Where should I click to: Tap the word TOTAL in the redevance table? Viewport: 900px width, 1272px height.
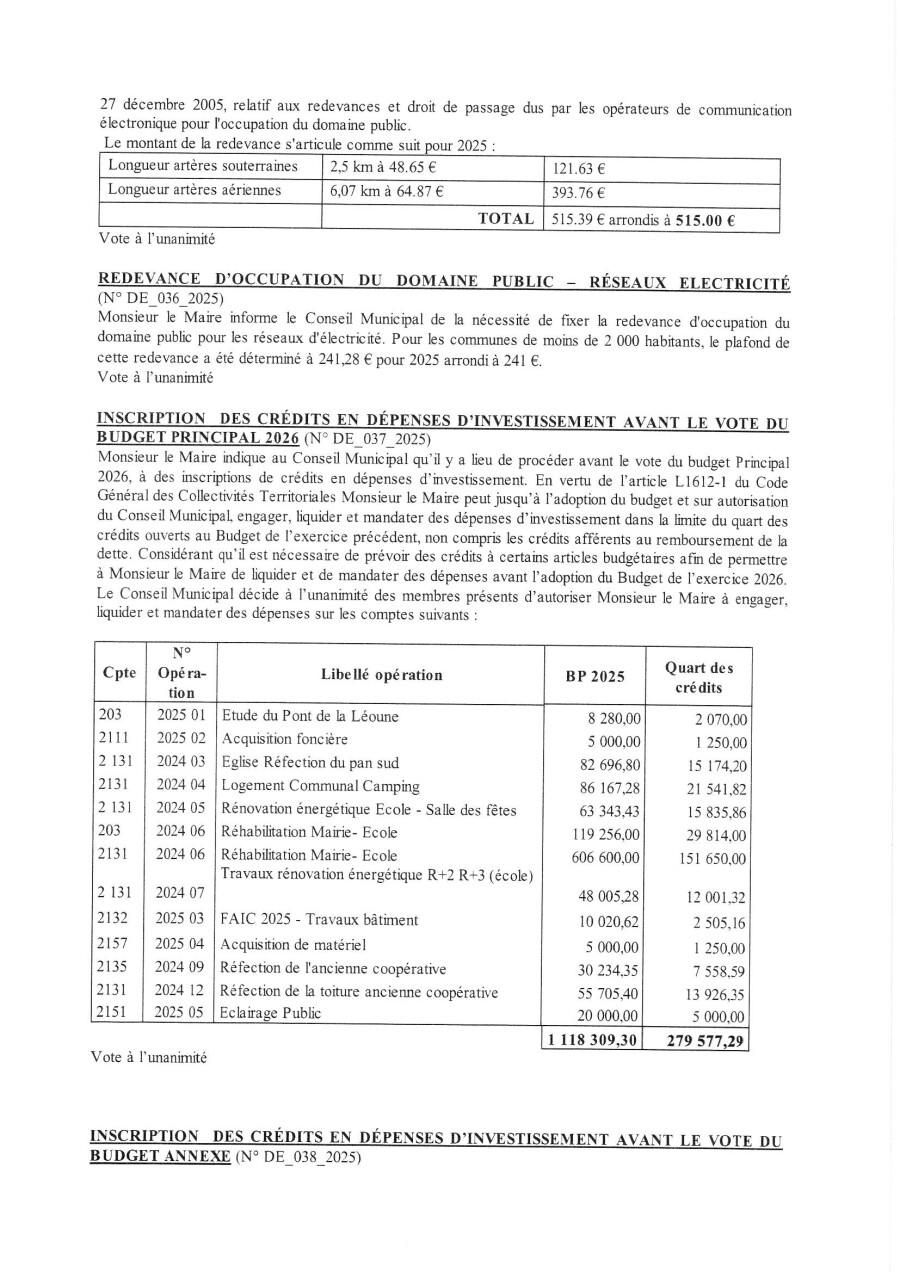point(504,218)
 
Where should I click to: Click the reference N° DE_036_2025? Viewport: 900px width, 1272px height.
point(161,299)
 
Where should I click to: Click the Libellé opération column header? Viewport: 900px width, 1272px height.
point(381,675)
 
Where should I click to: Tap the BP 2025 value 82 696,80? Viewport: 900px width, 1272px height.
point(610,765)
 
